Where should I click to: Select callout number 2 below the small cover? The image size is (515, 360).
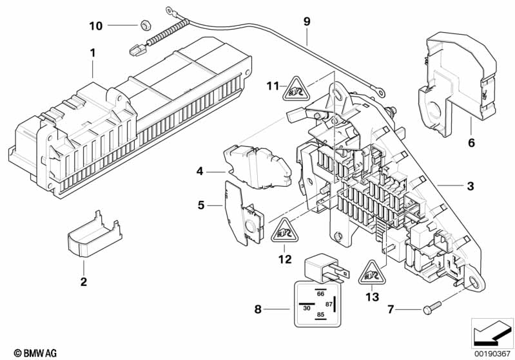[x=83, y=281]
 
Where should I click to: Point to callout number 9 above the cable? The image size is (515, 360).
[x=307, y=21]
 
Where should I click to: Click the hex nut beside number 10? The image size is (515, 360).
[x=145, y=25]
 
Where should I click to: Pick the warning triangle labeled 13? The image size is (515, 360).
[x=369, y=273]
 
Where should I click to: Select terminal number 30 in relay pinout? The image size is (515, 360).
[x=306, y=308]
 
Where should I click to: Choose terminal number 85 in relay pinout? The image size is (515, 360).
[x=319, y=315]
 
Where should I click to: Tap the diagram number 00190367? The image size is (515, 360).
[x=492, y=353]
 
